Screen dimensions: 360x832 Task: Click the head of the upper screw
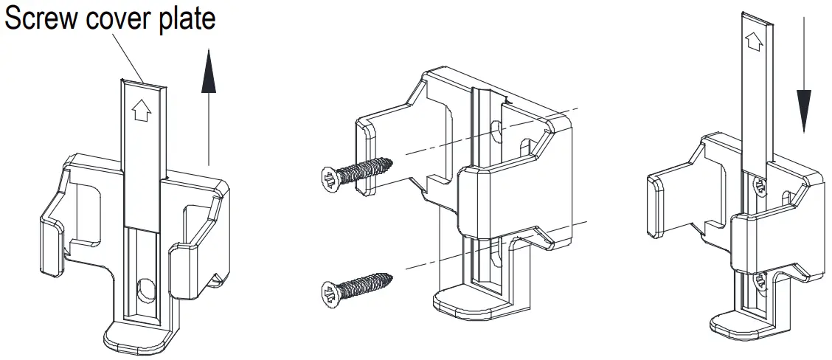click(330, 179)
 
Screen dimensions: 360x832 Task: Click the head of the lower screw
click(330, 294)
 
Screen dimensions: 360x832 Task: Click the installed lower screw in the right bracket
click(759, 283)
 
